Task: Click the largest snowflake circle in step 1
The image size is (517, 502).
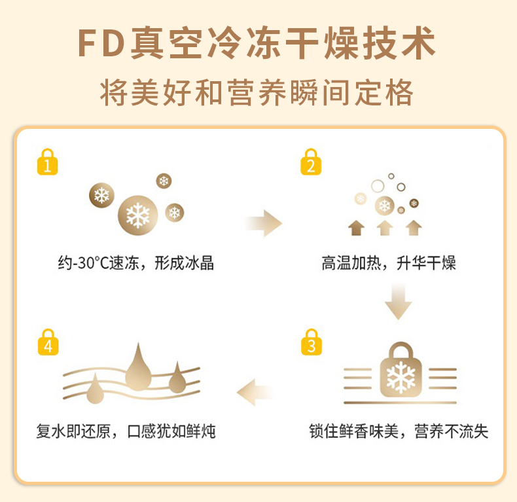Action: click(x=137, y=215)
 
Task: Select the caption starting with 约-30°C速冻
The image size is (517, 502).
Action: click(x=135, y=264)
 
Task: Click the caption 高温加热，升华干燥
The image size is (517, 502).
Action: click(x=389, y=264)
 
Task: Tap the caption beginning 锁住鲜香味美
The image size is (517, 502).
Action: click(x=399, y=432)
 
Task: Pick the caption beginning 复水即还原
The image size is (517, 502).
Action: click(x=126, y=432)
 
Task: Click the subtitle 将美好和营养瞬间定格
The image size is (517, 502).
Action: click(x=257, y=92)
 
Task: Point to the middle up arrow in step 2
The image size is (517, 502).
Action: click(x=384, y=227)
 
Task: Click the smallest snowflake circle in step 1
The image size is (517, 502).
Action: click(x=164, y=181)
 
